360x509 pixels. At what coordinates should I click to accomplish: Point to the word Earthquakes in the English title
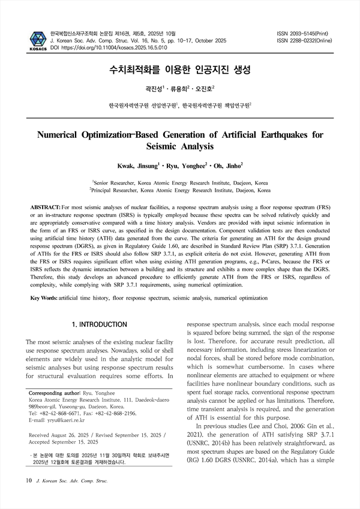(272, 134)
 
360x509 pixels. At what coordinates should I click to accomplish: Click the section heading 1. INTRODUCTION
(100, 324)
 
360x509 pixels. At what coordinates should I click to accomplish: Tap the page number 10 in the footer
(28, 480)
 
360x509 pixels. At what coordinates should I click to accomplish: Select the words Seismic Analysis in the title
(180, 146)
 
